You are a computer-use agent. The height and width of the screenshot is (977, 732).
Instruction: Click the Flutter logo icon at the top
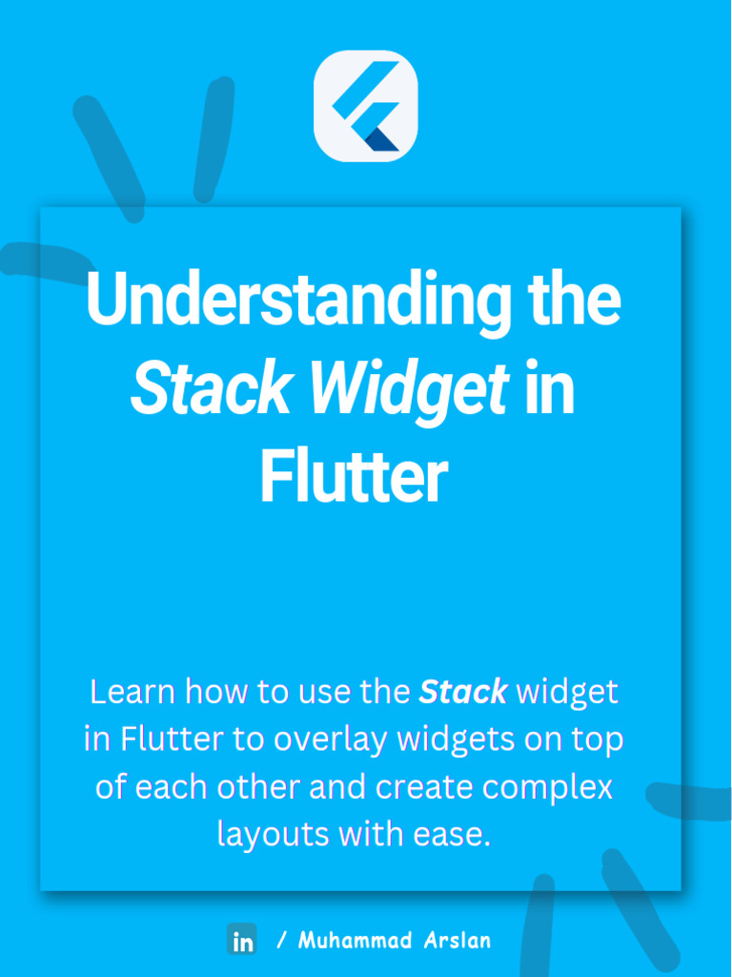[366, 106]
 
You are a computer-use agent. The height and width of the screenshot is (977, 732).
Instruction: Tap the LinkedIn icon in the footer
[242, 940]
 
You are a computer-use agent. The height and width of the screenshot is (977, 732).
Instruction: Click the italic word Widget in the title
[410, 390]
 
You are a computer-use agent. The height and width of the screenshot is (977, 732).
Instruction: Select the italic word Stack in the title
[210, 390]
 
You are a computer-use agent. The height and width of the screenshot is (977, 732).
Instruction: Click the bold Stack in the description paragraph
[463, 692]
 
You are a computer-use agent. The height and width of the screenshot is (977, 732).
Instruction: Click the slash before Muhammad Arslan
[281, 940]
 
